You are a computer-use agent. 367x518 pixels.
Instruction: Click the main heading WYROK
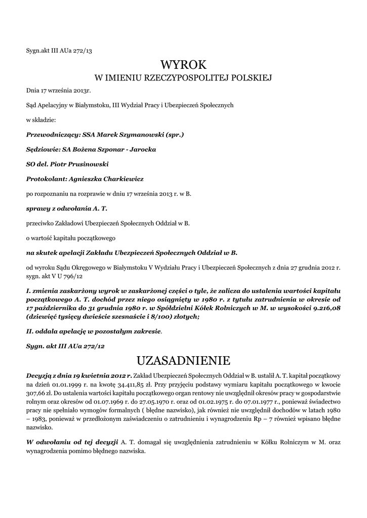click(184, 65)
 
